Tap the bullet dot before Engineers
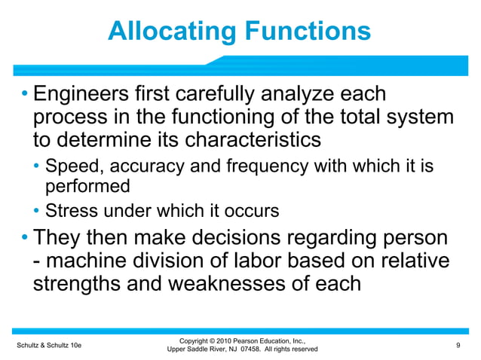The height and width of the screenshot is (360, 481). click(24, 96)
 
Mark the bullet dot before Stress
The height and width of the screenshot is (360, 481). click(38, 211)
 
